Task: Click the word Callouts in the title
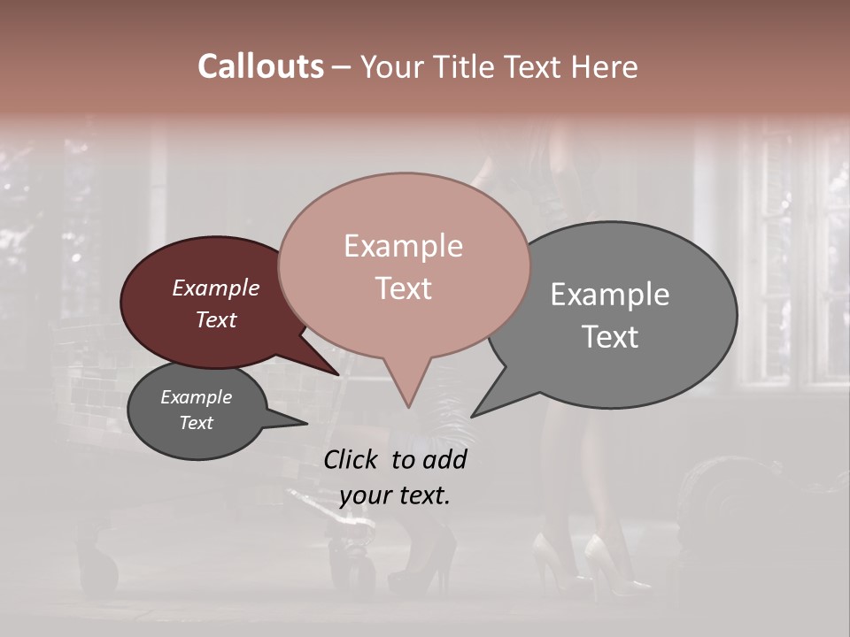coord(260,66)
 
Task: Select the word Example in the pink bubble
coord(403,246)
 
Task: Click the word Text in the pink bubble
coord(403,288)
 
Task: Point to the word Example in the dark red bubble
coord(215,288)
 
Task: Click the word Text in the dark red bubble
coord(215,319)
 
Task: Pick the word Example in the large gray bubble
coord(610,295)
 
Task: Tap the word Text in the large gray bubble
coord(610,336)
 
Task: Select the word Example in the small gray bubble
coord(196,397)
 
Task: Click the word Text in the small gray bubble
coord(196,423)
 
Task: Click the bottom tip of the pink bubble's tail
coord(408,407)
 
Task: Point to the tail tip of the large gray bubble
coord(473,416)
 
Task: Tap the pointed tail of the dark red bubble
coord(337,373)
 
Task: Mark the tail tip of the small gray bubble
coord(306,424)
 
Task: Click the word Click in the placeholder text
coord(352,459)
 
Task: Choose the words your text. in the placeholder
coord(394,495)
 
